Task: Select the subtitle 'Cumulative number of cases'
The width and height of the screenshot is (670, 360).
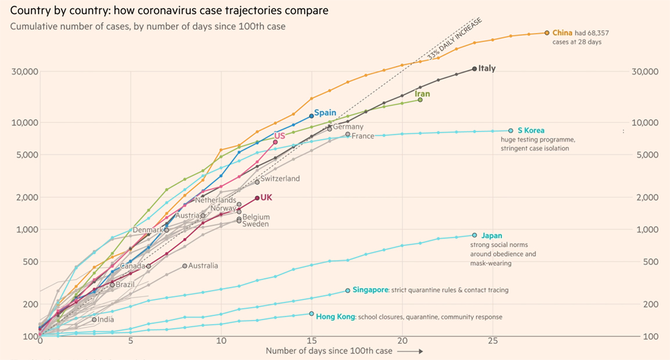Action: [x=148, y=26]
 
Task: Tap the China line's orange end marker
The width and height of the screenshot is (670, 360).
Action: [x=547, y=33]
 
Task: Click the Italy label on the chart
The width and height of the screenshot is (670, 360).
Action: [x=487, y=69]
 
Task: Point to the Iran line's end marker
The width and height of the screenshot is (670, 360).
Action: [x=420, y=100]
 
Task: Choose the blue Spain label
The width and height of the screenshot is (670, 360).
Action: [x=326, y=113]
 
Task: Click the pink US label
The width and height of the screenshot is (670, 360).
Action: [x=280, y=136]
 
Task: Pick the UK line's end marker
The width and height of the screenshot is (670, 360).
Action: [x=257, y=198]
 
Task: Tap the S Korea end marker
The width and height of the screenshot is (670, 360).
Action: [x=511, y=131]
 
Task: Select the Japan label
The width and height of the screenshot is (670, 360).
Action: [x=491, y=236]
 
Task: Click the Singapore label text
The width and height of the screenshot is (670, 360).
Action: [x=370, y=290]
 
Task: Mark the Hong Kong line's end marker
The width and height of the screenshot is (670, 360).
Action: [x=311, y=314]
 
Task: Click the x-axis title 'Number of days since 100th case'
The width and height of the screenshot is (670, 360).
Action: [x=329, y=351]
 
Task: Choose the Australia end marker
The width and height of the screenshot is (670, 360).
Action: [x=184, y=266]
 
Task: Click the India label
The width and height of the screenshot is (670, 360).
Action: [x=106, y=319]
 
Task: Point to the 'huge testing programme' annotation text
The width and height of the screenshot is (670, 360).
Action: [x=537, y=140]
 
